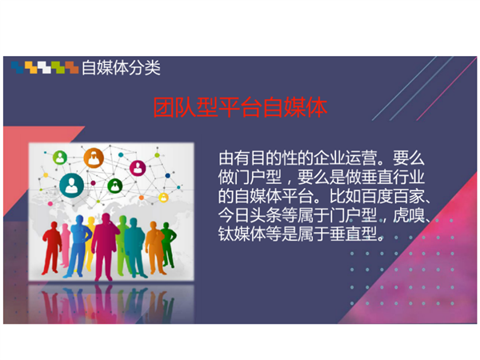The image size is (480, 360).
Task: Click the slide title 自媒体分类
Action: point(121,68)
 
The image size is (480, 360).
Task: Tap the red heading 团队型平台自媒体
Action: point(240,107)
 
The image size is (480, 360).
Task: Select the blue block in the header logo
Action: point(18,67)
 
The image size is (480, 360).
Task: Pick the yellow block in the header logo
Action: point(31,67)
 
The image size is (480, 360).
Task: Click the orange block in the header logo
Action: point(72,67)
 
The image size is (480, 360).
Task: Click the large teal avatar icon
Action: point(72,185)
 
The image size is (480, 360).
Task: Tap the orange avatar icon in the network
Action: point(94,158)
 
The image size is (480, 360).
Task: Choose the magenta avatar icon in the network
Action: point(138,168)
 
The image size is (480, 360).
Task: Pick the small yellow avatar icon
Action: point(163,198)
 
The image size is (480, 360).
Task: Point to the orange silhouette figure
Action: point(154,247)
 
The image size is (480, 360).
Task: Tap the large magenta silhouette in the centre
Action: point(105,246)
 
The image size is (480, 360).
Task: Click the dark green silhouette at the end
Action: point(168,244)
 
